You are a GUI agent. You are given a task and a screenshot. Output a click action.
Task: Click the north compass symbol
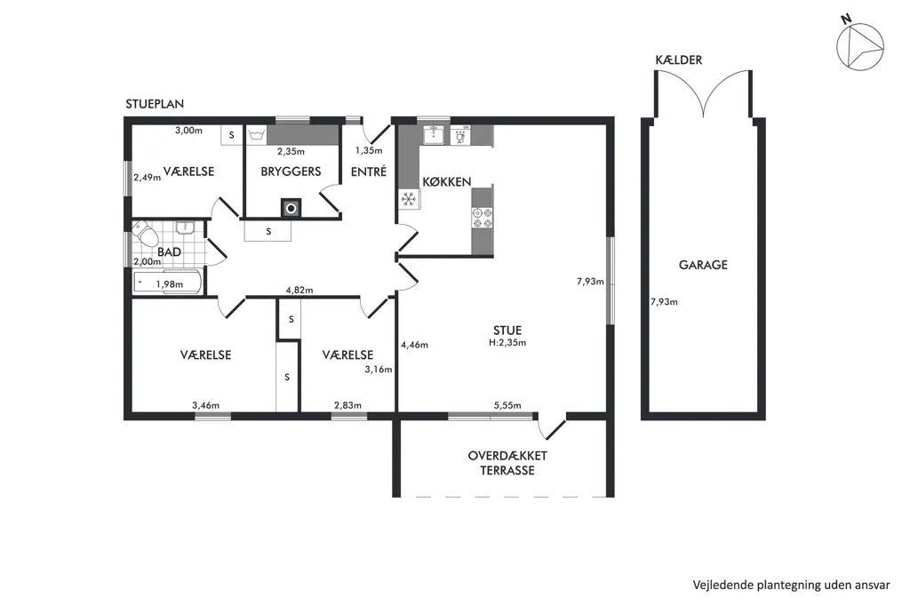click(859, 44)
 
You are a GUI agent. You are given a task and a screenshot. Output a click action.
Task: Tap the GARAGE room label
click(703, 266)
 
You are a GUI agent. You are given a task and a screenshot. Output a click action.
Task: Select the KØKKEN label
click(446, 181)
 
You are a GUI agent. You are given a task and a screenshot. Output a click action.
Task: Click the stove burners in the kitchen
click(483, 218)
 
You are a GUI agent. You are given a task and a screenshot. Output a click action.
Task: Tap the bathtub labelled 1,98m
click(168, 283)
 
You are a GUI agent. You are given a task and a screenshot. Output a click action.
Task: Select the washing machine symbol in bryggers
click(256, 135)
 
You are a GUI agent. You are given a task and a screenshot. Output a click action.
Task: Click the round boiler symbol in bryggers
click(291, 208)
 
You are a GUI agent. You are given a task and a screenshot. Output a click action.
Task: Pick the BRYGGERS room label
click(291, 171)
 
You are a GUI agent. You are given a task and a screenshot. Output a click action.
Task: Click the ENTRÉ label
click(369, 171)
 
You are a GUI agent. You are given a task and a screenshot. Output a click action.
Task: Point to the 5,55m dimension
click(507, 406)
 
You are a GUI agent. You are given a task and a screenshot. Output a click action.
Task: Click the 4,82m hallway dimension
click(299, 291)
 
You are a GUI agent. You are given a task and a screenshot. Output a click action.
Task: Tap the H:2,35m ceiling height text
click(507, 342)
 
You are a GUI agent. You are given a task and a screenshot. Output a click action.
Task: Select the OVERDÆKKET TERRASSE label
click(507, 463)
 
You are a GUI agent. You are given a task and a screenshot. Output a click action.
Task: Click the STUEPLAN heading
click(155, 104)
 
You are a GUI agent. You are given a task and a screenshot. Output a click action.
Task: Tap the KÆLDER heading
click(678, 60)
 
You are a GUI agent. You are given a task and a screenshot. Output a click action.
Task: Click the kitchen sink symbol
click(433, 135)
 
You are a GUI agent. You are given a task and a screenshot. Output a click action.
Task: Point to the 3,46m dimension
click(205, 406)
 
